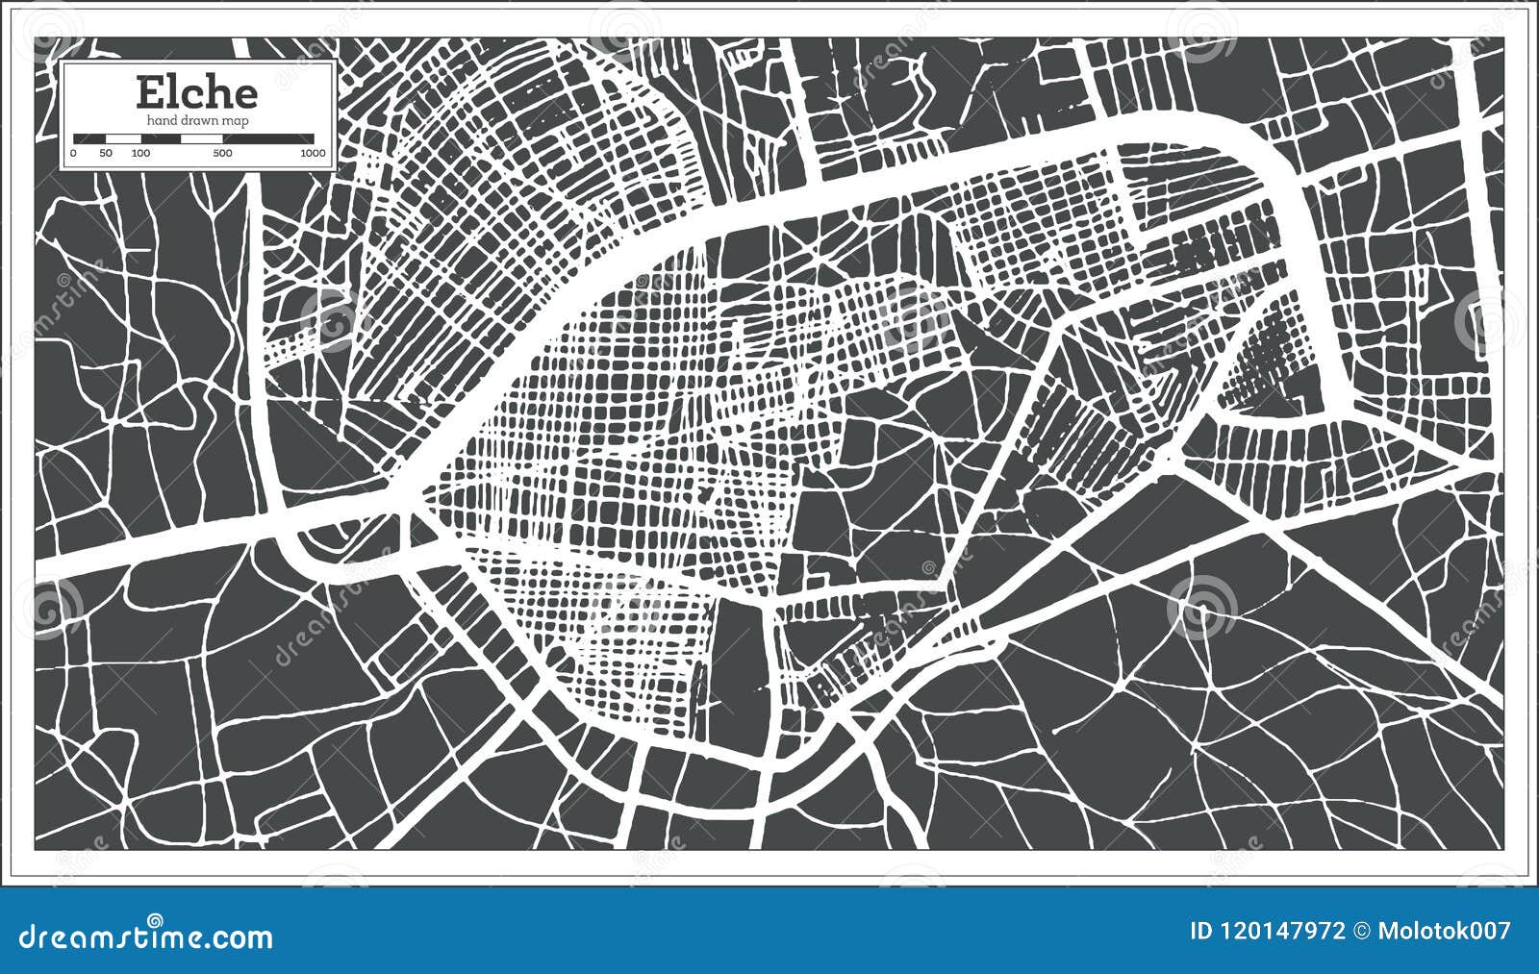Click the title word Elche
196,93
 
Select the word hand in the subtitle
162,120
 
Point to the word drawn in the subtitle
200,120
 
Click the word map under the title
237,120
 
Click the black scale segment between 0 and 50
89,138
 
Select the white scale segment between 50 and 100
123,138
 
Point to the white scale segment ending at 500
202,138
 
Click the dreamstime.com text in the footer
147,935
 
